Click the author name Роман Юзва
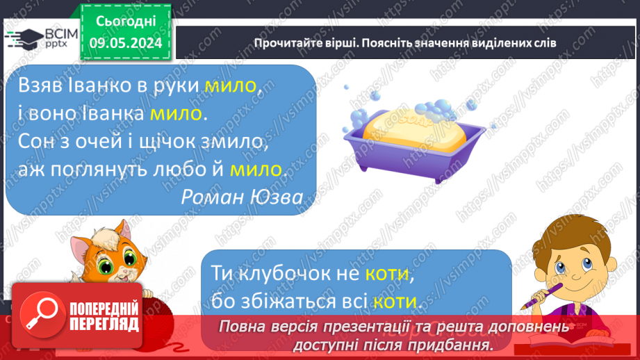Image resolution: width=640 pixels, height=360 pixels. (241, 197)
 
